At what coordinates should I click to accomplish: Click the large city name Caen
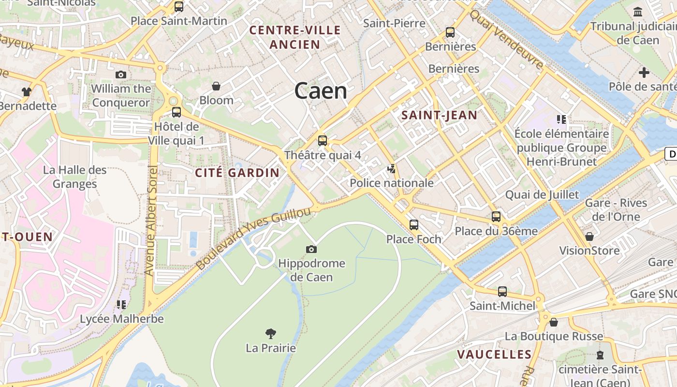[321, 91]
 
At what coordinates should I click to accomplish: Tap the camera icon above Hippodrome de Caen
[311, 250]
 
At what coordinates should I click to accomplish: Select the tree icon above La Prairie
[271, 333]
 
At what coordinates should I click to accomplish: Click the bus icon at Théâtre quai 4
[323, 141]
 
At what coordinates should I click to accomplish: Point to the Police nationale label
[391, 183]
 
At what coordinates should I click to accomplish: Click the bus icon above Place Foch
[414, 225]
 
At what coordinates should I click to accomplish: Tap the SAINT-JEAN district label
[440, 115]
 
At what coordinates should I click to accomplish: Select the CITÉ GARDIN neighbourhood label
[237, 173]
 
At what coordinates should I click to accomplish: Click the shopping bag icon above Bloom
[216, 86]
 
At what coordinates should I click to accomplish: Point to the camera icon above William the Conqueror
[121, 74]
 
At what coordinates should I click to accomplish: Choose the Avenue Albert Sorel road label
[151, 221]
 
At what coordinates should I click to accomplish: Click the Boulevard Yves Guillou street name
[253, 239]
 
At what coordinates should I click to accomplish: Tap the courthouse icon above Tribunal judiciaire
[638, 12]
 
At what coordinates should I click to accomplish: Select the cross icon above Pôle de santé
[644, 73]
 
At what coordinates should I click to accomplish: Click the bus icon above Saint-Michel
[502, 292]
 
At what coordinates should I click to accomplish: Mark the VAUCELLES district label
[495, 355]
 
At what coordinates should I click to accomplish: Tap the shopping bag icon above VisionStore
[589, 237]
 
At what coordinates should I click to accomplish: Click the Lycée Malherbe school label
[122, 319]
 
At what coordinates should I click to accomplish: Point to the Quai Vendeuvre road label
[506, 39]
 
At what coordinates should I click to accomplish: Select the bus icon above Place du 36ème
[496, 217]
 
